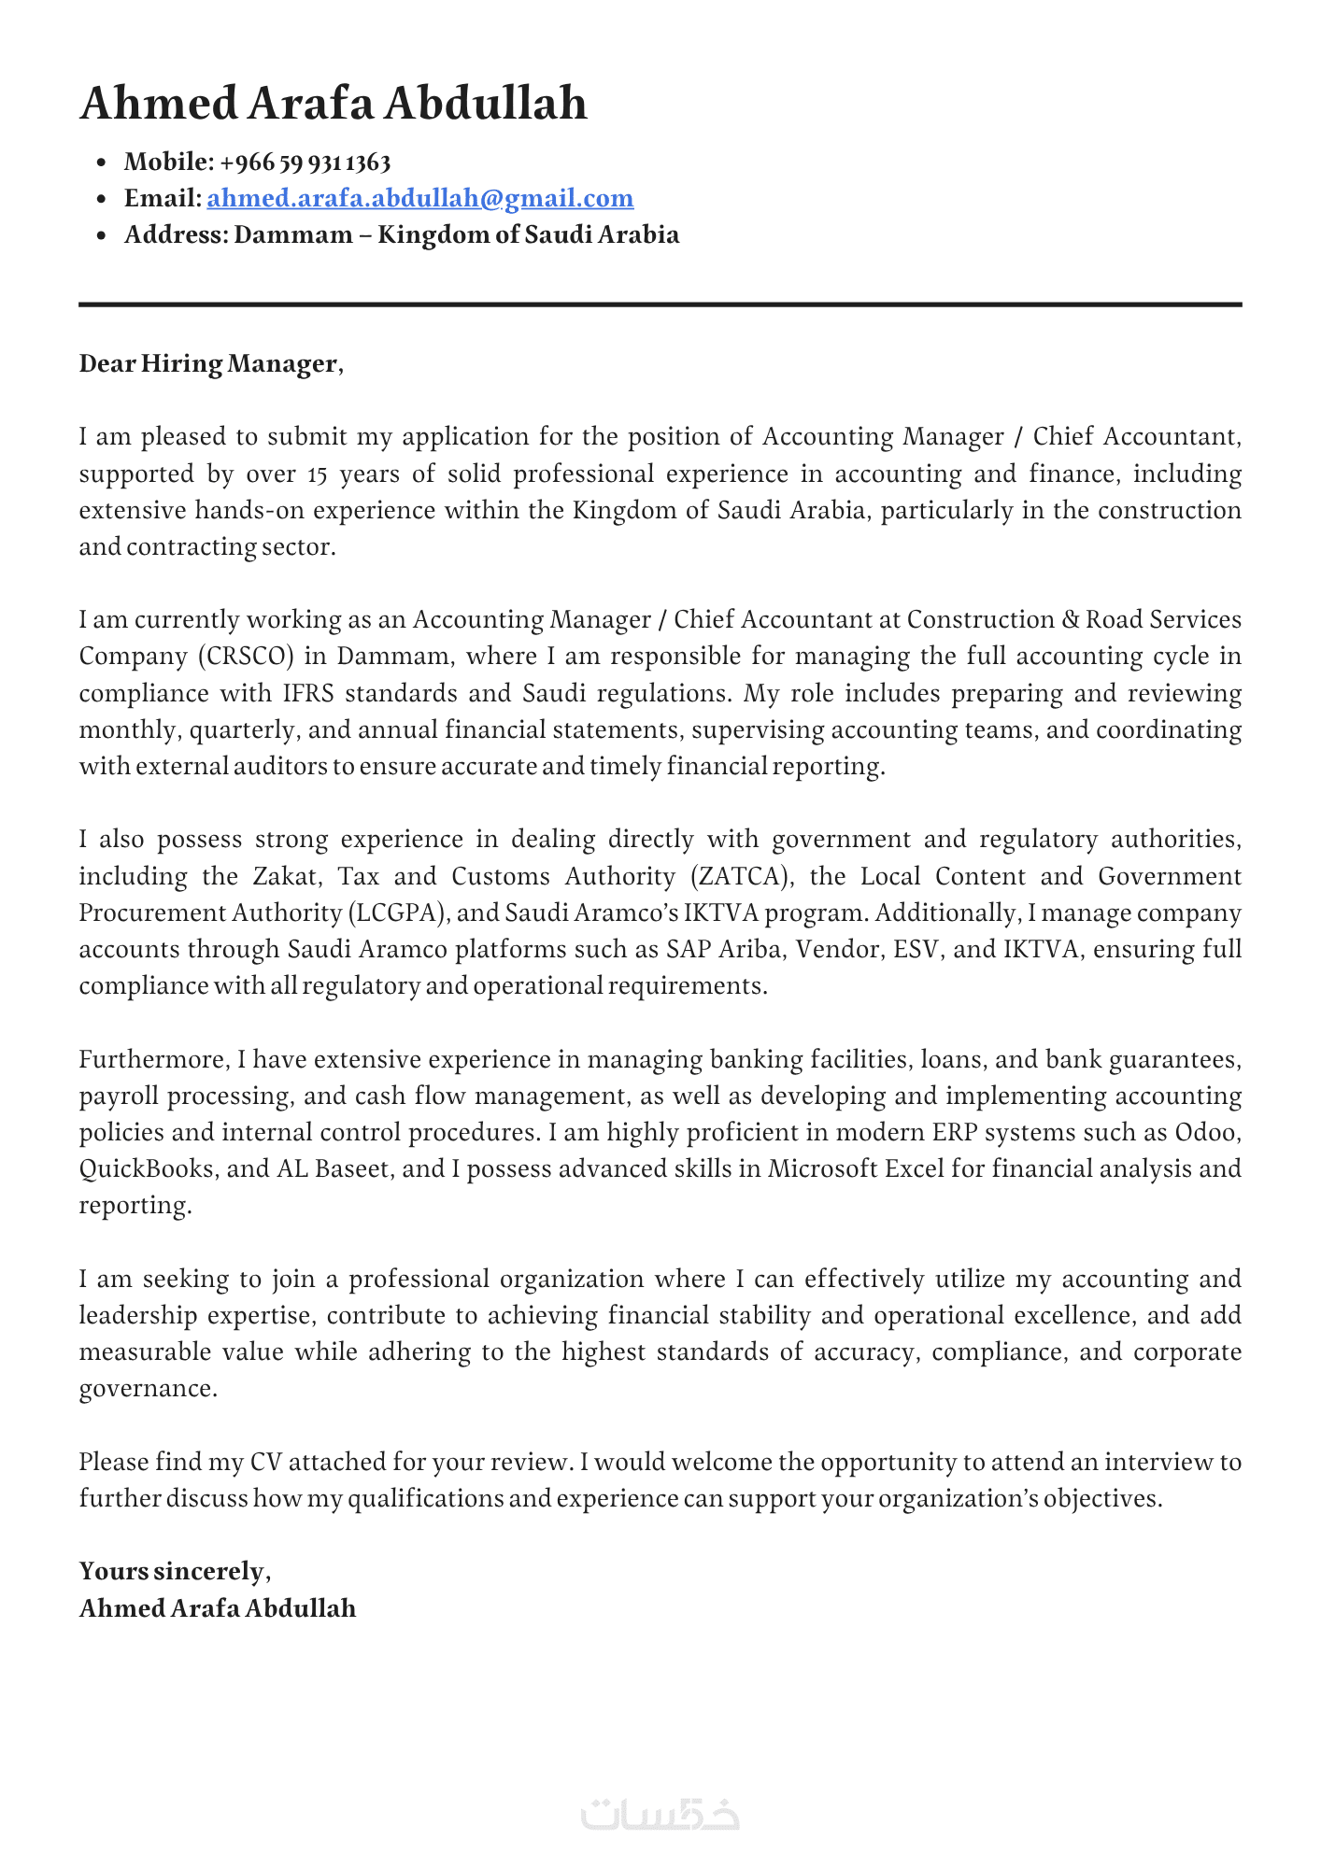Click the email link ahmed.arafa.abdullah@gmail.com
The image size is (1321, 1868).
click(420, 198)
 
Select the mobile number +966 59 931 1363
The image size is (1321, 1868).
click(305, 163)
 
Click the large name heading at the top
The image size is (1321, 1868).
click(334, 103)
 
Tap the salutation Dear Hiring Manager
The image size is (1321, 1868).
click(210, 363)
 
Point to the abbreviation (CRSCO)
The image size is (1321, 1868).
click(246, 657)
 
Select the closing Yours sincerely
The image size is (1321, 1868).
click(173, 1571)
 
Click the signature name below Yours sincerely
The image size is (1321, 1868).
click(218, 1608)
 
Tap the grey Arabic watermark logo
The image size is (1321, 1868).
click(660, 1814)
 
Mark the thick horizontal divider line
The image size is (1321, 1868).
click(660, 304)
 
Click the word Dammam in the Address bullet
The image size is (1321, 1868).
click(292, 234)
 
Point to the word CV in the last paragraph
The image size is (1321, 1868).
click(260, 1462)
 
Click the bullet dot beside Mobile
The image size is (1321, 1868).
click(103, 163)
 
